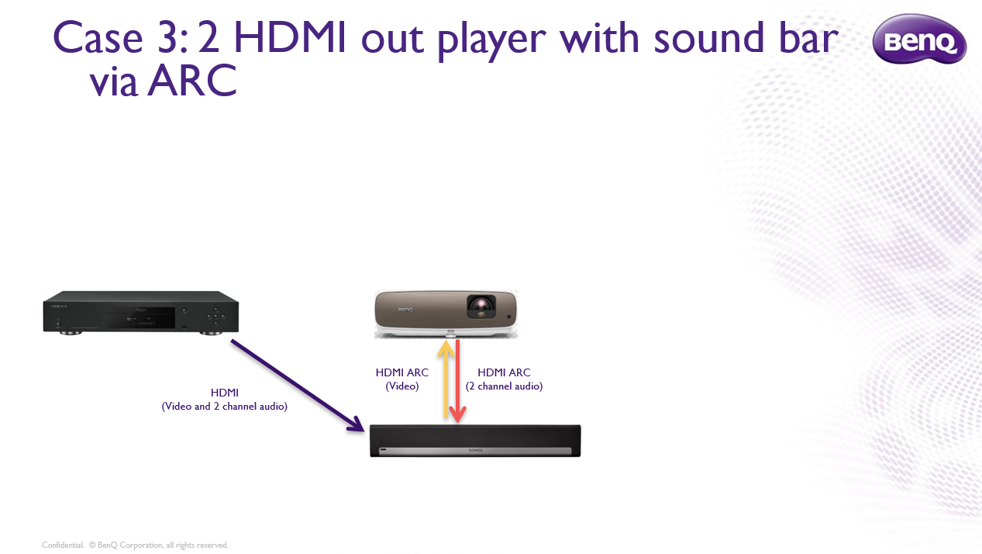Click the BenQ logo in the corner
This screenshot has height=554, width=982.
coord(919,39)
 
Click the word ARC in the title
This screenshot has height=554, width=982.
coord(192,81)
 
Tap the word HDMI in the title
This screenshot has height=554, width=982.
coord(290,38)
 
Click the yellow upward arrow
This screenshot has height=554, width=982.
coord(446,379)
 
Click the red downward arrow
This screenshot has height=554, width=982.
coord(458,381)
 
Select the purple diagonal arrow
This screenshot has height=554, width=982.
coord(298,386)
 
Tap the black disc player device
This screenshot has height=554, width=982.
coord(141,313)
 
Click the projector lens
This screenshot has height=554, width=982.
coord(481,304)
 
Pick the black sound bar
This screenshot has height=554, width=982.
coord(475,441)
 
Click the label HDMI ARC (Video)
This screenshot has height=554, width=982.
coord(402,379)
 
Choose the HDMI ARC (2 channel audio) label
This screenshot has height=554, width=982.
coord(504,379)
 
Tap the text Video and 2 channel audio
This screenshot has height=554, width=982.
coord(225,407)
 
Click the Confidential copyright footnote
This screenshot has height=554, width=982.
coord(135,545)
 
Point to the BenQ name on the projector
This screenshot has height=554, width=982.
coord(405,310)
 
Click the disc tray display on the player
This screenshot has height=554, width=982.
coord(141,318)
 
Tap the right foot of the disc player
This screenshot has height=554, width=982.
coord(211,333)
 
